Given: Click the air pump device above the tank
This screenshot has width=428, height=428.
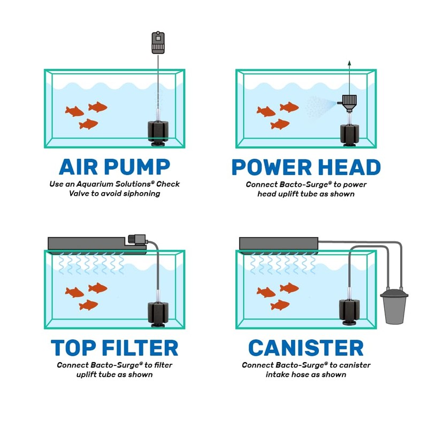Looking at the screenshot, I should point(158,43).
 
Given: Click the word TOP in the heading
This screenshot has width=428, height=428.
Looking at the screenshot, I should point(75,348).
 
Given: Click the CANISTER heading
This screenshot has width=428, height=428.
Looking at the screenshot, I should point(305,348).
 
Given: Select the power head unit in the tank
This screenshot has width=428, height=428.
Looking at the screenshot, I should point(349,102).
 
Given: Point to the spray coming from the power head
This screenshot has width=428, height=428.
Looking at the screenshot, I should point(319,107).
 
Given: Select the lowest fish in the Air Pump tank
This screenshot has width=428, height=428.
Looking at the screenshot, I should point(89,124).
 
